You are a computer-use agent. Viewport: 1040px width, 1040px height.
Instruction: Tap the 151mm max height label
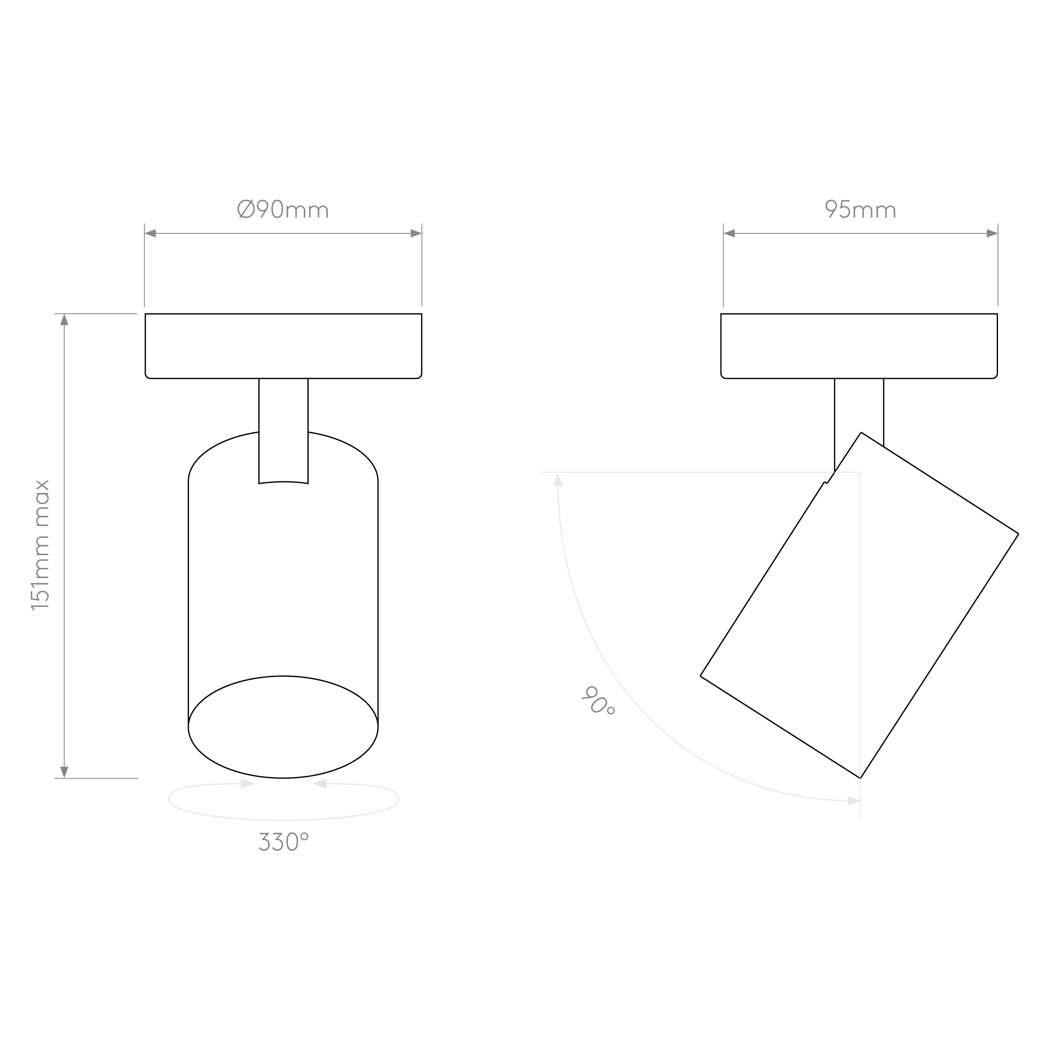click(40, 545)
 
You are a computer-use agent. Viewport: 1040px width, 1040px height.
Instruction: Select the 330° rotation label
click(284, 842)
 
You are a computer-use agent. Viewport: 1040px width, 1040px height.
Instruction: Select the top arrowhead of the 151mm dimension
click(64, 320)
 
